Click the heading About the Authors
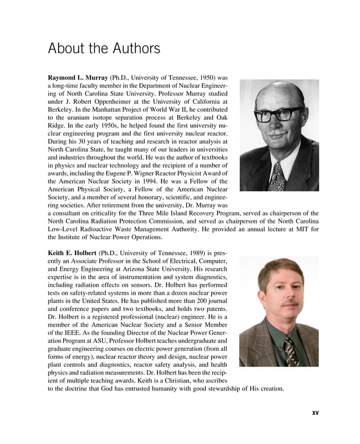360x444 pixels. click(x=104, y=49)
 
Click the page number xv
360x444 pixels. click(x=315, y=412)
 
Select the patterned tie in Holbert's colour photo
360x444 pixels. click(x=289, y=349)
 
